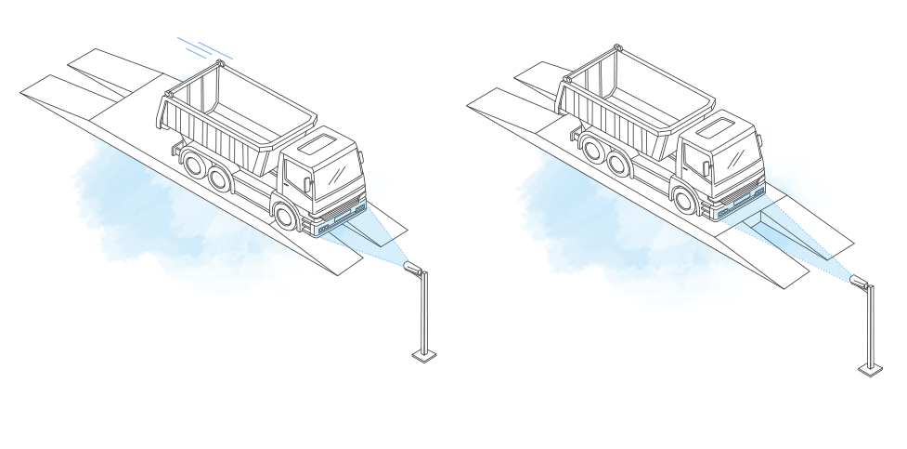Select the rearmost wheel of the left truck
tap(194, 165)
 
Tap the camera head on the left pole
tap(414, 269)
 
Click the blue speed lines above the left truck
tap(204, 46)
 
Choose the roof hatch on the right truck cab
tap(720, 125)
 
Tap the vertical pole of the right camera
tap(870, 324)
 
